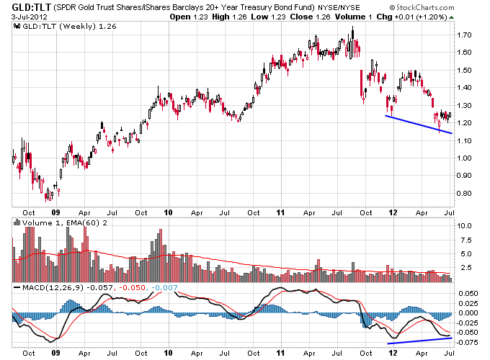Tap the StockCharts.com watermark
[451, 6]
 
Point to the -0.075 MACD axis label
[468, 342]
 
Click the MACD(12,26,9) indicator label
[41, 288]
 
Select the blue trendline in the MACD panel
[421, 340]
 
